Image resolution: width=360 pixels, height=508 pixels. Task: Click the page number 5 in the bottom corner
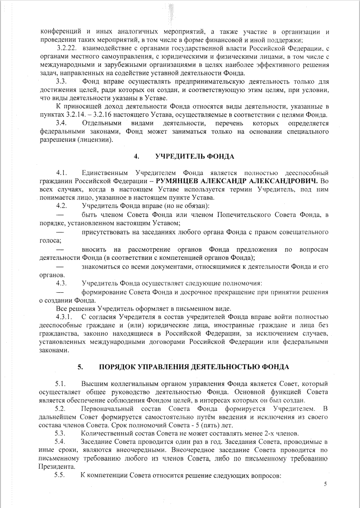(325, 485)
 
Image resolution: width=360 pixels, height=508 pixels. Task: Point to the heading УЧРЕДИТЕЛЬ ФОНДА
(194, 157)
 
